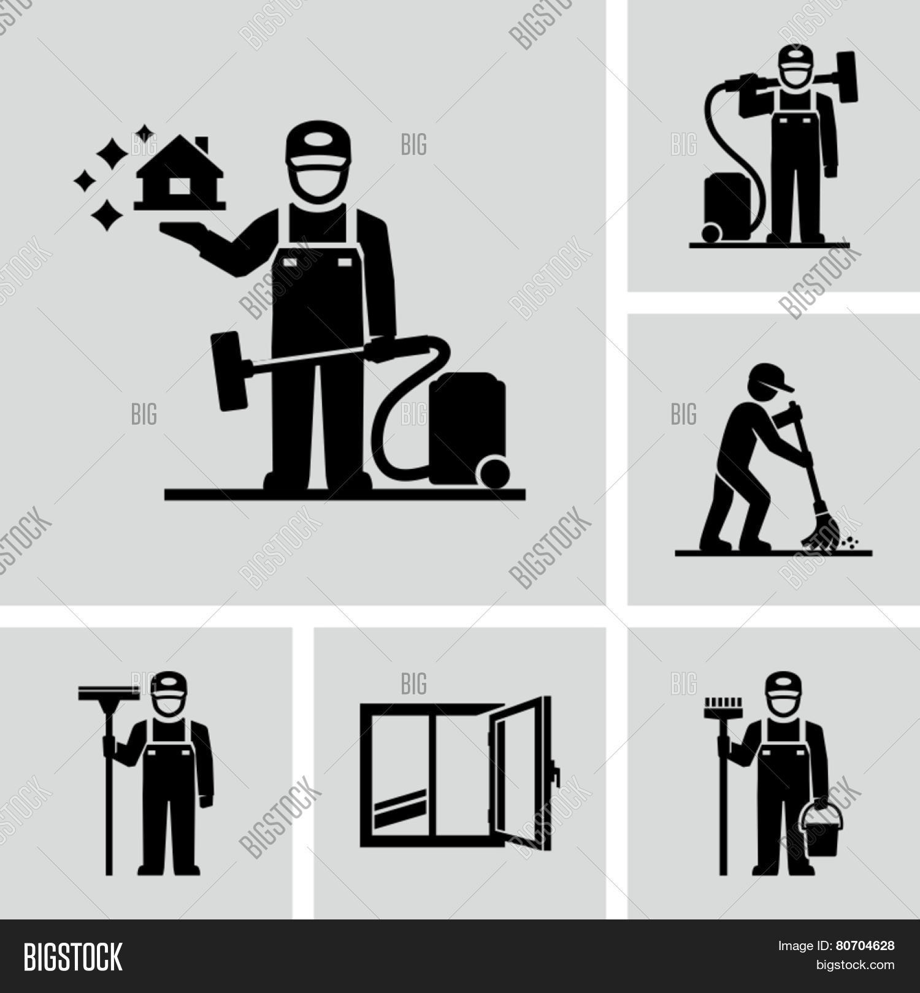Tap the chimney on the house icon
pos(202,145)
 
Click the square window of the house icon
pos(179,186)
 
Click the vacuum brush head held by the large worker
pos(228,371)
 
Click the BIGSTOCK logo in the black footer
pos(73,957)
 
